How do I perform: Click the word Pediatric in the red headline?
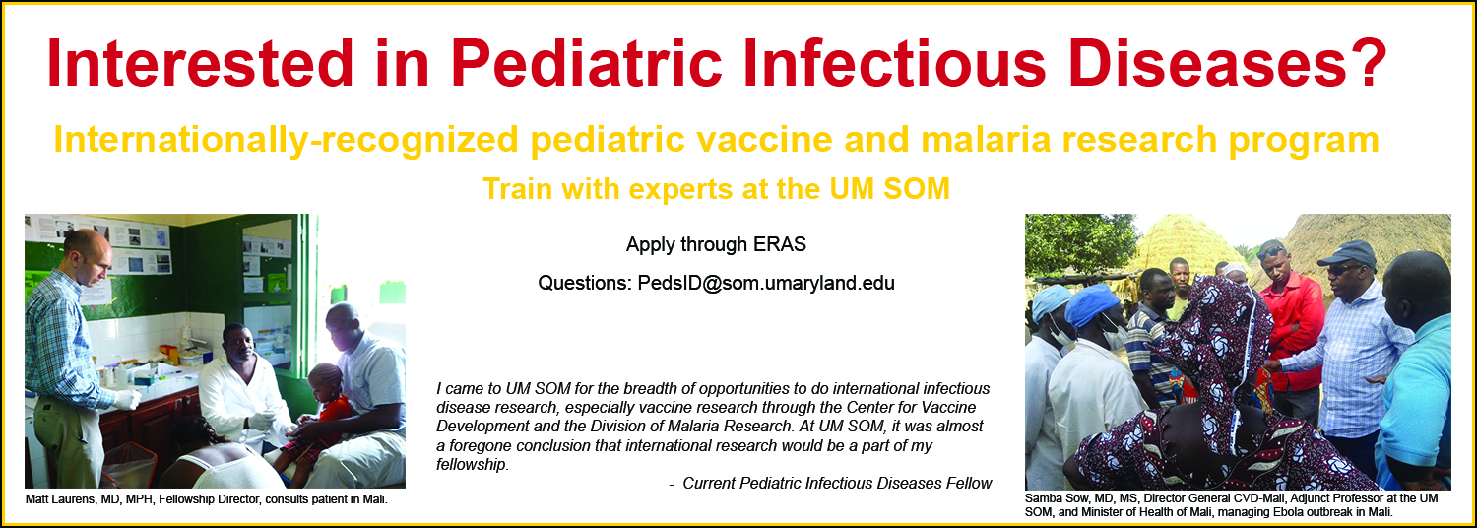coord(587,63)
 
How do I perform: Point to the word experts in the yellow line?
coord(680,189)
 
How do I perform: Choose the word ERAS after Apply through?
coord(780,245)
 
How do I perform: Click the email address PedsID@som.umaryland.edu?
coord(766,283)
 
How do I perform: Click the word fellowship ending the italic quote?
coord(472,465)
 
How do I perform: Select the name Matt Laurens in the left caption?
coord(59,499)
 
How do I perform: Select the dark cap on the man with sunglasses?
coord(1347,253)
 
